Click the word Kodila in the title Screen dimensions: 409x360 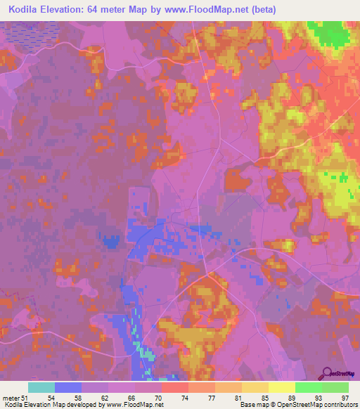26,10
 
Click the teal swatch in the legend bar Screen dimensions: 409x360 42,387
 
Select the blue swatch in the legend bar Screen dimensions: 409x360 68,387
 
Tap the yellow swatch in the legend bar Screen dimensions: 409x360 281,387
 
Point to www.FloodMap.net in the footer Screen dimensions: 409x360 140,405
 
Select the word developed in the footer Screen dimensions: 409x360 86,405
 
